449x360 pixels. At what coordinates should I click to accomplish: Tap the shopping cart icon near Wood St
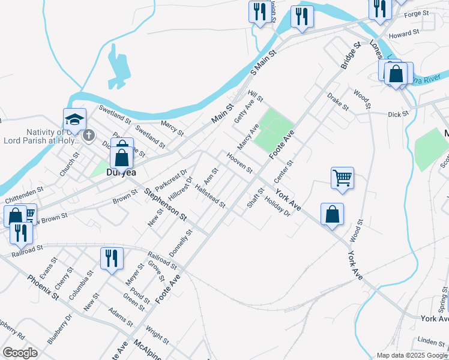(x=342, y=178)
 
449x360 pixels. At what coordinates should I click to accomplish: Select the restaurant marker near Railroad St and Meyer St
(x=112, y=258)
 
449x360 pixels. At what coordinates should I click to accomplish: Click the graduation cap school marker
(x=75, y=119)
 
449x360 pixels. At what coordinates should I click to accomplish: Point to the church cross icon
(x=89, y=135)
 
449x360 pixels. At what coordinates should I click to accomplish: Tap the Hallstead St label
(x=210, y=196)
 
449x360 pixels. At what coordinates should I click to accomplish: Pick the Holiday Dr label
(x=277, y=208)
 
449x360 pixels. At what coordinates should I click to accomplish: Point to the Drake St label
(x=338, y=101)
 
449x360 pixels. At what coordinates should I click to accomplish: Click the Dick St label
(x=398, y=113)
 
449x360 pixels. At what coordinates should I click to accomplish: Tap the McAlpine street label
(x=147, y=349)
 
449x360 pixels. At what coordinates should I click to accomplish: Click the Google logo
(x=20, y=353)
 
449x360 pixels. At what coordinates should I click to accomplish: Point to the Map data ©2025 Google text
(x=411, y=355)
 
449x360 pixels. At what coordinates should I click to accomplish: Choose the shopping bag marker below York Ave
(x=332, y=214)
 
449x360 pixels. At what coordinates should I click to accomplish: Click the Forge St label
(x=417, y=13)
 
